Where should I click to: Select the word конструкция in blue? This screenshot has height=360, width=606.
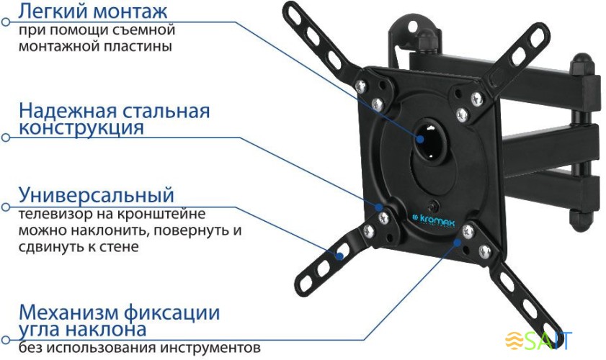tap(81, 129)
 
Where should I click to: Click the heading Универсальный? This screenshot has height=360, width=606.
tap(97, 194)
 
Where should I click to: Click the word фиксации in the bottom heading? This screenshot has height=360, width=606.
tap(177, 313)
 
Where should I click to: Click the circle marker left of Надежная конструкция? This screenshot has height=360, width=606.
tap(6, 136)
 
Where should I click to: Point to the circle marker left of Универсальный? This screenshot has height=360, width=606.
tap(6, 204)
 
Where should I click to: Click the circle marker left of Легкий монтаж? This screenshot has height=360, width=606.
tap(6, 21)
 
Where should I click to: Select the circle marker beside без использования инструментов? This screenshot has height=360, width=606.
tap(6, 338)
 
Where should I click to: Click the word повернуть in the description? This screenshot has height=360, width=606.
tap(180, 230)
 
